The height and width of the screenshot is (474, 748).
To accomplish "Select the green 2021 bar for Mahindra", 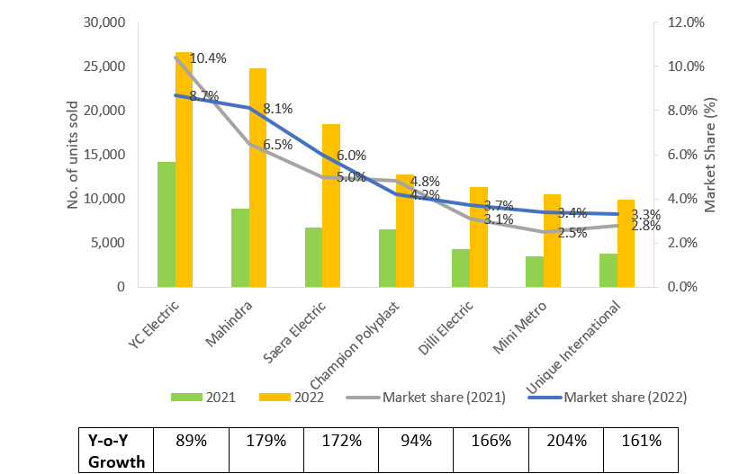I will click(240, 247).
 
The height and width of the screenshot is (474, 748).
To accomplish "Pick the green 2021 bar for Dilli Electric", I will click(461, 267).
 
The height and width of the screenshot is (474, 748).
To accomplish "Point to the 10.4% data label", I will click(208, 58).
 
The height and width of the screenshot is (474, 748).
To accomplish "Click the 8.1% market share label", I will click(277, 109).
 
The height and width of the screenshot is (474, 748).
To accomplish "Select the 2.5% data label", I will click(572, 233).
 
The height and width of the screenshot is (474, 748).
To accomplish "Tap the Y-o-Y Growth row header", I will click(115, 451).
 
